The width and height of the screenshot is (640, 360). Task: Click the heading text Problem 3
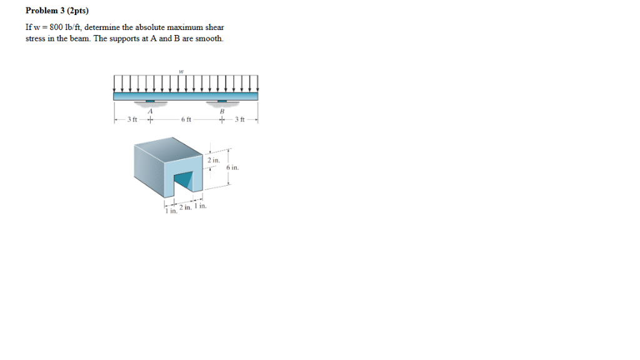[x=49, y=11]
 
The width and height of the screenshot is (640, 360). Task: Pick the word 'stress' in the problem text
[x=35, y=39]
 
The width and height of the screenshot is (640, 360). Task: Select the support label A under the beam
[x=150, y=111]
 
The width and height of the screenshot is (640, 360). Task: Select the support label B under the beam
[x=221, y=111]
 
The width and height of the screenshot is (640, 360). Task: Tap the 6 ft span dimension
[x=186, y=120]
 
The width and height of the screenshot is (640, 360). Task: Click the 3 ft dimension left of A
[x=132, y=120]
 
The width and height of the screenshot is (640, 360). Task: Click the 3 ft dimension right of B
[x=240, y=120]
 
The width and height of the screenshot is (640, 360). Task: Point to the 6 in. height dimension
[x=232, y=168]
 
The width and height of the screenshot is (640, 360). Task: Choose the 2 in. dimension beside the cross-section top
[x=213, y=161]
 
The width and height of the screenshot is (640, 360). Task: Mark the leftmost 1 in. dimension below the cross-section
[x=170, y=211]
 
